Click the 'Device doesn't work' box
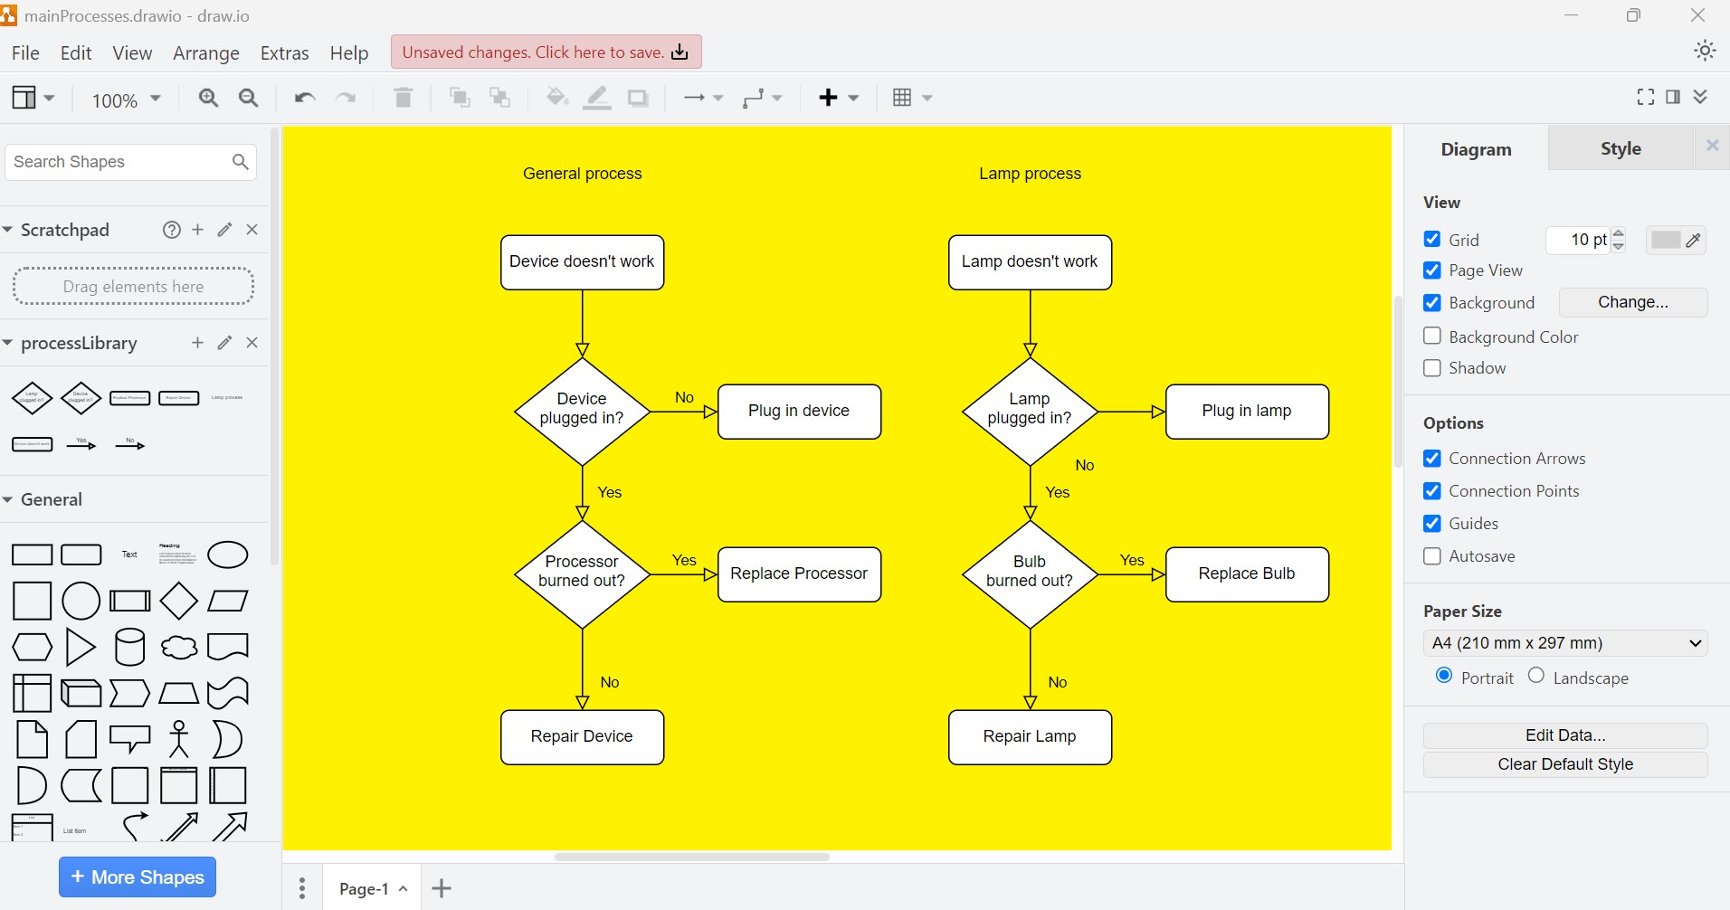click(x=582, y=262)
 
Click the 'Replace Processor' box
click(x=799, y=573)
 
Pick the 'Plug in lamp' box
click(x=1247, y=412)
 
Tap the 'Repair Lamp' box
click(x=1030, y=736)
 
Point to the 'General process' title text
click(x=582, y=174)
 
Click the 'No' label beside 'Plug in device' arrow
click(x=684, y=398)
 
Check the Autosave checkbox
click(x=1432, y=556)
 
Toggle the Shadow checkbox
click(x=1432, y=368)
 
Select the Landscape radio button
click(x=1536, y=676)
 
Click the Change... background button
click(x=1632, y=302)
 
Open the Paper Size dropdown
click(x=1564, y=643)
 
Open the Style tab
click(x=1620, y=148)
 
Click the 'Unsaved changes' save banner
click(x=546, y=52)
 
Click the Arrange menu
click(x=205, y=53)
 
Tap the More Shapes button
click(x=138, y=877)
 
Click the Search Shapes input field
click(x=118, y=162)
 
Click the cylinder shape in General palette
click(x=129, y=647)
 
